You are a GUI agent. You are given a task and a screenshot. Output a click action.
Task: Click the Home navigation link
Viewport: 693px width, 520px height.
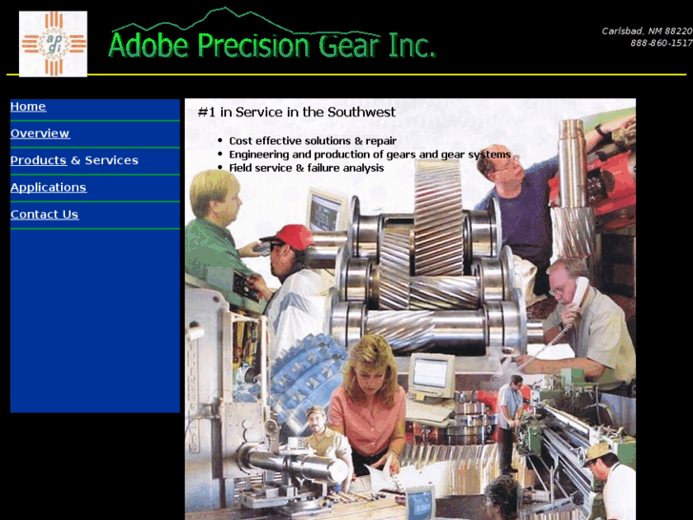(28, 107)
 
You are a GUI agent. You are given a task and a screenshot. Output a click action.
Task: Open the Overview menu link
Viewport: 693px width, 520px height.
(40, 134)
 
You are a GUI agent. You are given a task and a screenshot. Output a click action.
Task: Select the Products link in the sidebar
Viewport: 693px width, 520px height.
(38, 160)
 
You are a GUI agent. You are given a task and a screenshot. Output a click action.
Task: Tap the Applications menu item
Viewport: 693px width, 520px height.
(48, 187)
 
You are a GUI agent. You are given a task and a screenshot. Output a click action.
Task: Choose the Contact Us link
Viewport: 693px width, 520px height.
(44, 215)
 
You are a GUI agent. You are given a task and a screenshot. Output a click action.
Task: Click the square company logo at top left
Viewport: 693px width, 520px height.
(53, 44)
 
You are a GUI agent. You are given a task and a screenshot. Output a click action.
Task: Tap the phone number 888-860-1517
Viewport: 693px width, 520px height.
(661, 43)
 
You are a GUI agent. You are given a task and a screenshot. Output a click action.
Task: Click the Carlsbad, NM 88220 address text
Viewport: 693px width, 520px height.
(646, 31)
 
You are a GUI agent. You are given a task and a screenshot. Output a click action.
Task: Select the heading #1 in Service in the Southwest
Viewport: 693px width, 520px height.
(296, 113)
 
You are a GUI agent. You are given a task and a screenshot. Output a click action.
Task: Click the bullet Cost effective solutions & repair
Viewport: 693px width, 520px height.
(313, 141)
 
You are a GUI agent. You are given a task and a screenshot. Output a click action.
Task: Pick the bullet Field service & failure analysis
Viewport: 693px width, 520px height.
(306, 168)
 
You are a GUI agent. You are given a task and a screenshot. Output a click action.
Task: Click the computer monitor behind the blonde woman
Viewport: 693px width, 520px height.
(431, 373)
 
